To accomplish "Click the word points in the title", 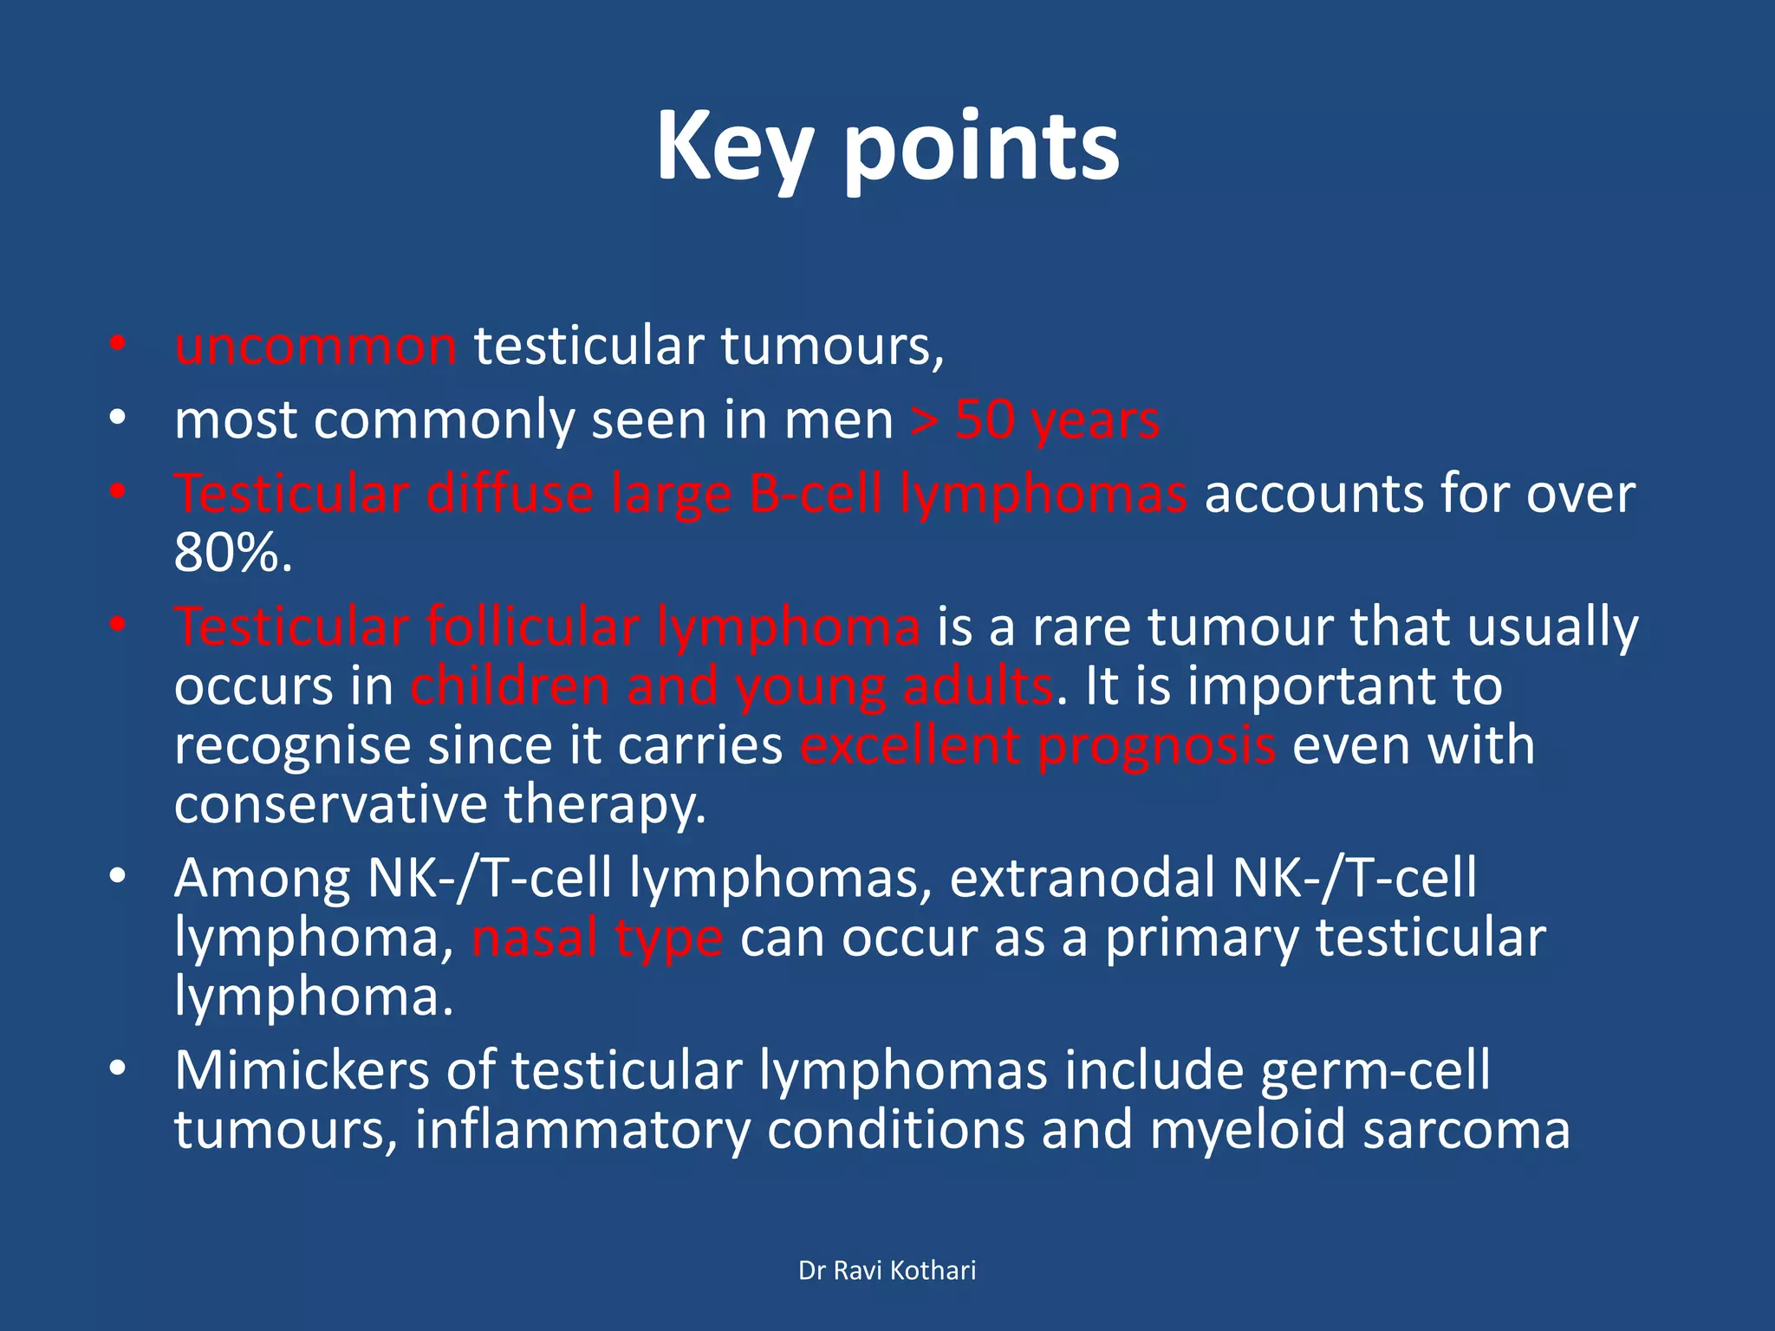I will pos(981,149).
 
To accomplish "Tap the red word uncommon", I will pos(315,347).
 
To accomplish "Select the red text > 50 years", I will pos(1035,421).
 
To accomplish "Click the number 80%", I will pos(232,553).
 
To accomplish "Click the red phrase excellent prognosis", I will pos(1037,746).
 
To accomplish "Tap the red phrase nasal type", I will pos(597,938).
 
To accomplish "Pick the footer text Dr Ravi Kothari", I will pos(887,1270).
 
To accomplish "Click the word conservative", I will pos(331,805).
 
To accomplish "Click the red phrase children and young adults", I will pos(732,686).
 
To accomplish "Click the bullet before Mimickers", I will pos(118,1069).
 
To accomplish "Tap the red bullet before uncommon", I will pos(118,345).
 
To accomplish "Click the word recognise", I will pos(292,746).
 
